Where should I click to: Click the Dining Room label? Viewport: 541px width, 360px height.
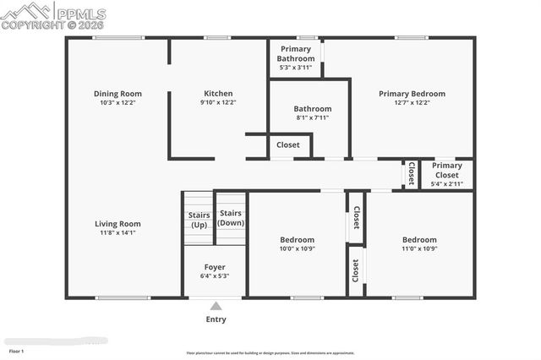pyautogui.click(x=117, y=94)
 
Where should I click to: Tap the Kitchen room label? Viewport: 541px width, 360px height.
pyautogui.click(x=218, y=94)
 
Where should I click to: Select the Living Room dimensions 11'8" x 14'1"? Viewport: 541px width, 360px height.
pyautogui.click(x=117, y=232)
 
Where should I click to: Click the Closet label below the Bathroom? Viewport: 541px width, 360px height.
pyautogui.click(x=288, y=145)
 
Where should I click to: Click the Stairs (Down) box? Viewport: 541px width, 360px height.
pyautogui.click(x=231, y=218)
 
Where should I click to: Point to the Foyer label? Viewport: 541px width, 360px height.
pyautogui.click(x=215, y=266)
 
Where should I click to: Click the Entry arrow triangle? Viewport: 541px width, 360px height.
pyautogui.click(x=216, y=306)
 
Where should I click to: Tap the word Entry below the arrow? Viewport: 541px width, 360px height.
pyautogui.click(x=216, y=319)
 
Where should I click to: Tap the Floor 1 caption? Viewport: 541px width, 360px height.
pyautogui.click(x=17, y=350)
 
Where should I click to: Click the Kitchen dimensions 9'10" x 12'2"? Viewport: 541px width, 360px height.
pyautogui.click(x=218, y=102)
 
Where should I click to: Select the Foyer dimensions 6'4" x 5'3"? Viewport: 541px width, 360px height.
pyautogui.click(x=215, y=275)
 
